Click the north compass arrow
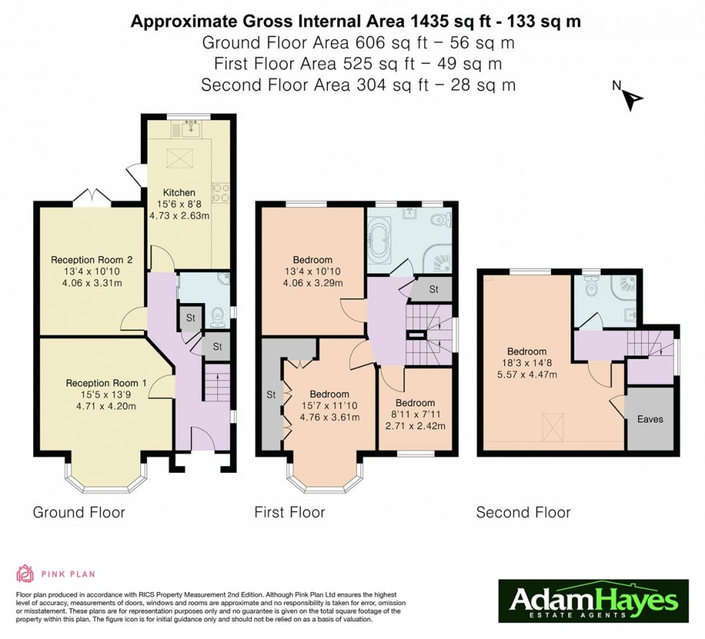click(x=632, y=99)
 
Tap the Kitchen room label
click(x=178, y=192)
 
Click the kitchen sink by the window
click(x=192, y=130)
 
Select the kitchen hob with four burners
click(x=219, y=193)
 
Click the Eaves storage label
click(x=650, y=419)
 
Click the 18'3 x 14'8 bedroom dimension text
click(x=529, y=363)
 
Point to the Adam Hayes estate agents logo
click(x=593, y=601)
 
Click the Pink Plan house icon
click(x=25, y=574)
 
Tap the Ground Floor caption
click(x=79, y=512)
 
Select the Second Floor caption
click(x=523, y=512)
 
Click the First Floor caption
click(x=289, y=512)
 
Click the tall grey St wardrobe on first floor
click(x=271, y=394)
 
